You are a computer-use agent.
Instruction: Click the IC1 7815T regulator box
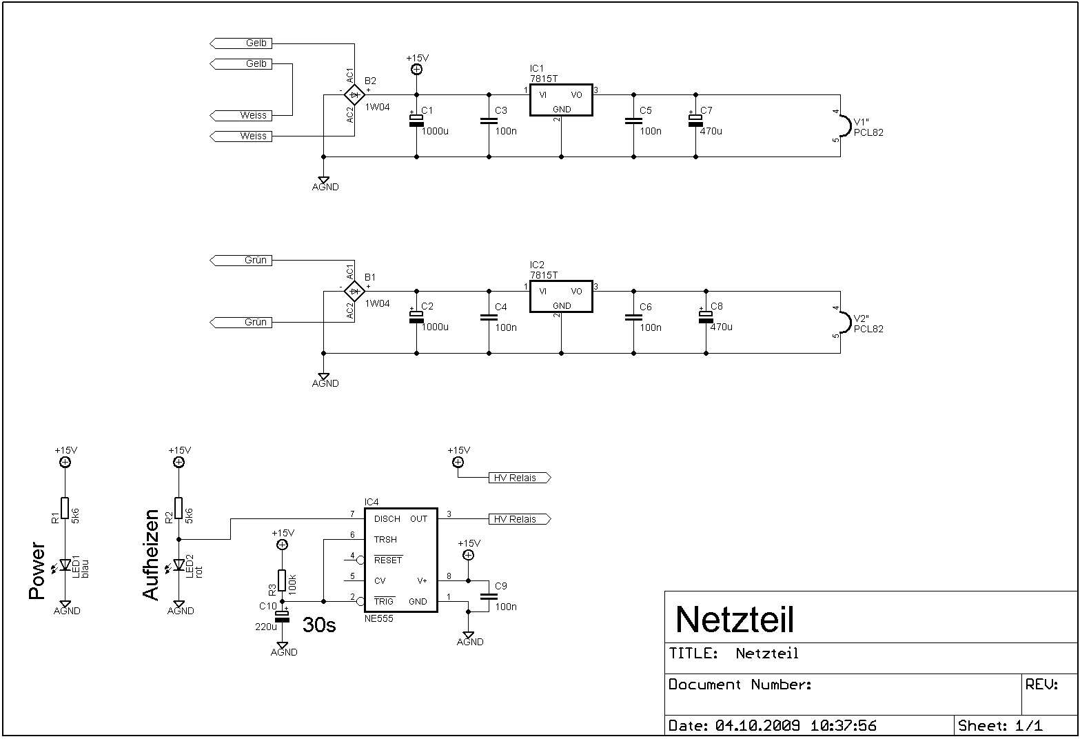(561, 101)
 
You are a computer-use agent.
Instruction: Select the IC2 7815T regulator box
(561, 298)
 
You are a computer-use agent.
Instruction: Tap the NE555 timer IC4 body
(400, 560)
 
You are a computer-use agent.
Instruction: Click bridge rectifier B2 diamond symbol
(354, 94)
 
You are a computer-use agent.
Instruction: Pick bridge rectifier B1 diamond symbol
(354, 291)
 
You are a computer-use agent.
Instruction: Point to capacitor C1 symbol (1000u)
(416, 120)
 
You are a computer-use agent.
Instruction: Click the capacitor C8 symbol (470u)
(705, 316)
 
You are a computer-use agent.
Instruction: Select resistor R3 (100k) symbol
(282, 580)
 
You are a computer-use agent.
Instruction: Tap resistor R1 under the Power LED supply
(65, 508)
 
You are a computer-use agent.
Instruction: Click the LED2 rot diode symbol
(179, 565)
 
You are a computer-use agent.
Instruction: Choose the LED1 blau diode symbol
(65, 565)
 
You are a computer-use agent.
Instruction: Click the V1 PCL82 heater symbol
(843, 125)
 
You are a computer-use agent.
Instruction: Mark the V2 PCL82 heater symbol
(843, 322)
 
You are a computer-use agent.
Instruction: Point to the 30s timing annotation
(319, 625)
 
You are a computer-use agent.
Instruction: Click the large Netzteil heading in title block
(735, 619)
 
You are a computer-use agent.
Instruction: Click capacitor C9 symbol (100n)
(489, 596)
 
